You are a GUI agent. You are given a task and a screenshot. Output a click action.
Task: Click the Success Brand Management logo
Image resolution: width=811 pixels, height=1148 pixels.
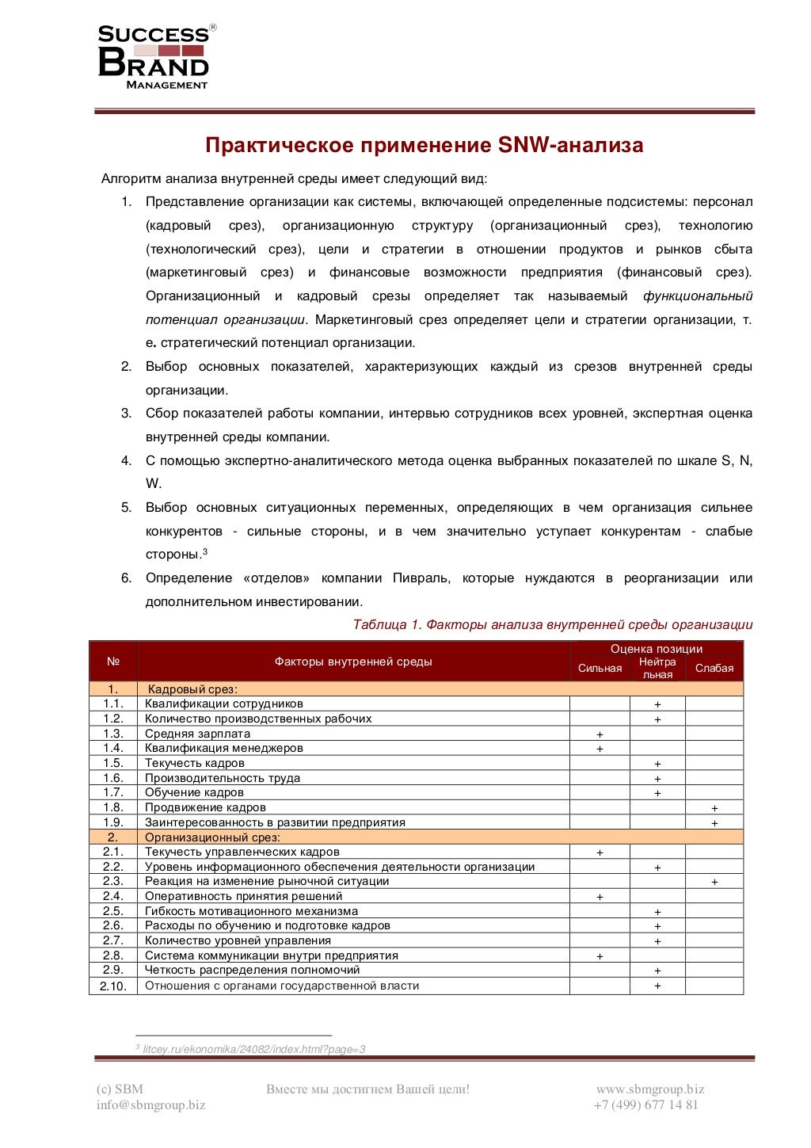pos(155,57)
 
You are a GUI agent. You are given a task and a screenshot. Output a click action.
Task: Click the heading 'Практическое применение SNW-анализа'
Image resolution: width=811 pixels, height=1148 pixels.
pos(424,145)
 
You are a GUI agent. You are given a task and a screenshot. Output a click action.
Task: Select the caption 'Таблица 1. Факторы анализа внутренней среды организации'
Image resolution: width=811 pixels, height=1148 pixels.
pos(552,625)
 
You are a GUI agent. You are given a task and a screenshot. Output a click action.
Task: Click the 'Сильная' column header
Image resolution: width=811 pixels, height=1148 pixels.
pos(600,669)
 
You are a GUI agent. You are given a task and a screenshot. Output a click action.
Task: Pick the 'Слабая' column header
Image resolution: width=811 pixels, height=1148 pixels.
pos(714,669)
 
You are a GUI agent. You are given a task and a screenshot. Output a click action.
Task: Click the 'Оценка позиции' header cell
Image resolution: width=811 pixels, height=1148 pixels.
pos(656,649)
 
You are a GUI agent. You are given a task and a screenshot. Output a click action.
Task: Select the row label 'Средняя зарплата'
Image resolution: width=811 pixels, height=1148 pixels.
pos(197,734)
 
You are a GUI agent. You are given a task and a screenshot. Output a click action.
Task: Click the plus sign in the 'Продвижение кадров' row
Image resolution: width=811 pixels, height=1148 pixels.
pos(714,808)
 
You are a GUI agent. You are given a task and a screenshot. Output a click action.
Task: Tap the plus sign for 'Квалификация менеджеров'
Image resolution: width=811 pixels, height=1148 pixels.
pos(600,749)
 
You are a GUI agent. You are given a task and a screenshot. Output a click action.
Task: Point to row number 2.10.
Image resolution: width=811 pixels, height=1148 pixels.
pos(112,986)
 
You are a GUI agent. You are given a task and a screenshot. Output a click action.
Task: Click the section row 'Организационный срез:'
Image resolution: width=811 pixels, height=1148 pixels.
pos(212,837)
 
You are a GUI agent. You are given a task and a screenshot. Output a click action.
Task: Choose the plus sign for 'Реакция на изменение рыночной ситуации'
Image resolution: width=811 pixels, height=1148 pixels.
pos(714,882)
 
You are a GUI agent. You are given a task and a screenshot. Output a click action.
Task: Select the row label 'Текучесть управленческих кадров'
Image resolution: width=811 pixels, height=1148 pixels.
pos(242,852)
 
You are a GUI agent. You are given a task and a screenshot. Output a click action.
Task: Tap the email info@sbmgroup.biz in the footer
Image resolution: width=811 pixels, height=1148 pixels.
pos(150,1105)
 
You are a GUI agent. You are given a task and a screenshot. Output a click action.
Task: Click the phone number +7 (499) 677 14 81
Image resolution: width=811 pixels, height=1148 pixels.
pos(645,1105)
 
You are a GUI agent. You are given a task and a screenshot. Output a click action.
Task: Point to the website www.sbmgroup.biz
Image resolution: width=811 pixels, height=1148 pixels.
pos(649,1089)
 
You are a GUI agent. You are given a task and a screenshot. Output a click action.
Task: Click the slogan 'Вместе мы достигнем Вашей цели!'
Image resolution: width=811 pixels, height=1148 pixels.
pos(367,1089)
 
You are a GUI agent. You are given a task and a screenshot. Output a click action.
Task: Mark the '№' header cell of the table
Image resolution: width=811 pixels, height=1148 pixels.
pos(113,662)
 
